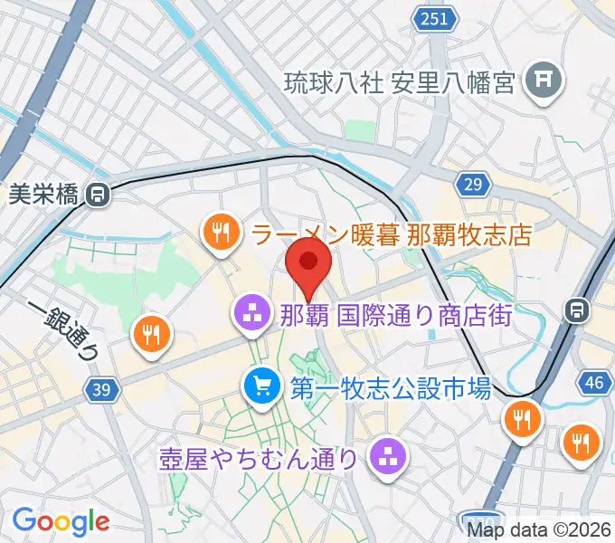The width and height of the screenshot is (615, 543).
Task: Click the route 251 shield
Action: pyautogui.click(x=433, y=19)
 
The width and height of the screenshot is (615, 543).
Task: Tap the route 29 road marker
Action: pyautogui.click(x=471, y=185)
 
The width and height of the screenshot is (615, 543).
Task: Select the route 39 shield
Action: pyautogui.click(x=102, y=390)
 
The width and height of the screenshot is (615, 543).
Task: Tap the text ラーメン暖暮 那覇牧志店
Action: pyautogui.click(x=392, y=236)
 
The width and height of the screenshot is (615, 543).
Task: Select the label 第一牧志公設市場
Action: pyautogui.click(x=390, y=389)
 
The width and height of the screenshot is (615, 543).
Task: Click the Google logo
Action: pyautogui.click(x=61, y=520)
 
